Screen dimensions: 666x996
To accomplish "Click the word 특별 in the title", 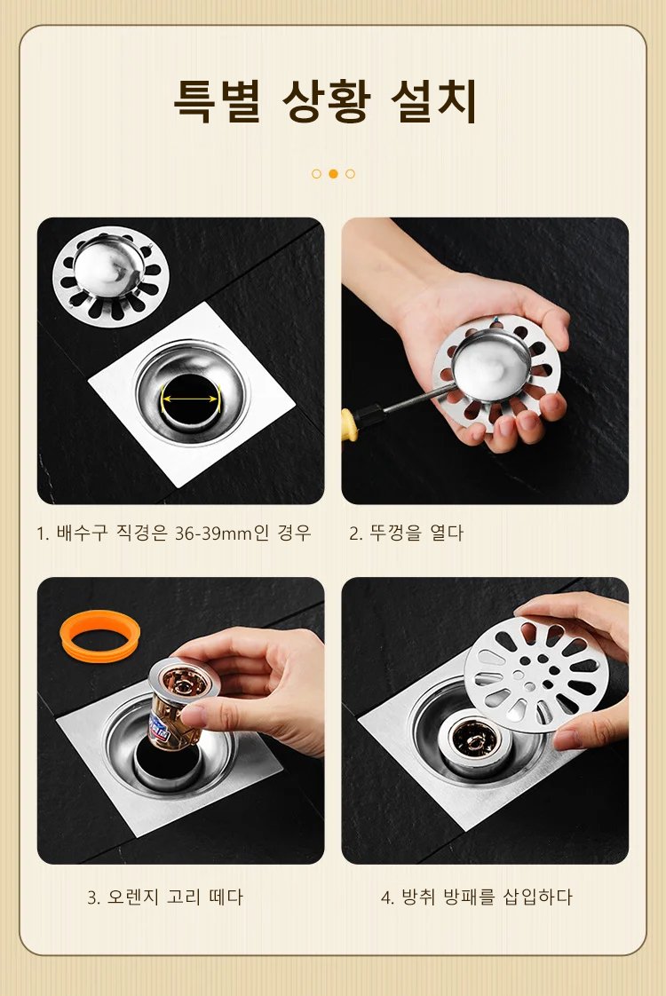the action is [217, 100].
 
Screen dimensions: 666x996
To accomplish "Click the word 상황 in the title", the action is [325, 101].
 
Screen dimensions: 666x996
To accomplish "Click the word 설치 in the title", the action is [434, 100].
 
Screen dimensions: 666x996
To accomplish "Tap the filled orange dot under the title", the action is [333, 173].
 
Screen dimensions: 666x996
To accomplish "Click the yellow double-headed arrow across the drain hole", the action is [190, 399].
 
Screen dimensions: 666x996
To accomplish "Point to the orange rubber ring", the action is [99, 636].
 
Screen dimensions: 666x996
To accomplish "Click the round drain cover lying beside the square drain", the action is [110, 276].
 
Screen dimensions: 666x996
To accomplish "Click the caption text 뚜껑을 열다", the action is [416, 533].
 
